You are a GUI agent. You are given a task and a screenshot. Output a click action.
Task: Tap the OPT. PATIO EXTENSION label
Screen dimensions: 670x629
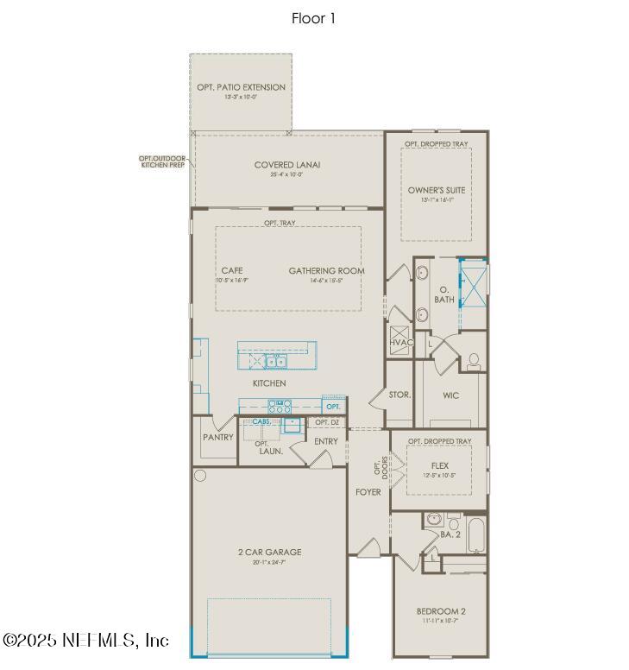(241, 87)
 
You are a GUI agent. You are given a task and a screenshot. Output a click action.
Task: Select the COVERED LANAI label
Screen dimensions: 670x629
(288, 165)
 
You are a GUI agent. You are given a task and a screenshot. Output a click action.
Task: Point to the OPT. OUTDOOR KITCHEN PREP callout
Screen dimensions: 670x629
(163, 161)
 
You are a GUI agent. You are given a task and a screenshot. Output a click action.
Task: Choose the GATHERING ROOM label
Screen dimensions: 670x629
(326, 271)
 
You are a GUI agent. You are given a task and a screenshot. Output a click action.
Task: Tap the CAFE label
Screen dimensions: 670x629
(232, 271)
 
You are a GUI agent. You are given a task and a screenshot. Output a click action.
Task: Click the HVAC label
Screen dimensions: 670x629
(401, 343)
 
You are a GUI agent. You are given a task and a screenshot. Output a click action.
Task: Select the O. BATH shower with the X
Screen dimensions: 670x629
(472, 282)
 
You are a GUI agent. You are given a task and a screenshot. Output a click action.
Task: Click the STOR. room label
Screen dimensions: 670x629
(399, 395)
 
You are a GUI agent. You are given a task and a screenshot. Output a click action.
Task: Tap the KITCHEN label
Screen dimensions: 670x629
(269, 382)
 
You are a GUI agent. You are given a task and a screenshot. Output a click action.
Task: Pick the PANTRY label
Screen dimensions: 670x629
(218, 437)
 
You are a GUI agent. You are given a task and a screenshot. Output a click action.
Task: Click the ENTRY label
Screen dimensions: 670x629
(326, 441)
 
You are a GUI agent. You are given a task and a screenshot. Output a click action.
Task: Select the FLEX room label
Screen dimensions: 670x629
(440, 465)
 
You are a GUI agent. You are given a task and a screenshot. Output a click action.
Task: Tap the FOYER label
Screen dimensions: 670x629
(368, 491)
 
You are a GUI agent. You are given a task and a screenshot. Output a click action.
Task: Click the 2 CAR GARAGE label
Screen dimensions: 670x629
(269, 552)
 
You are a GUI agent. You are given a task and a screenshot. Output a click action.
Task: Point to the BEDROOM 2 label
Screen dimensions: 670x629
(440, 612)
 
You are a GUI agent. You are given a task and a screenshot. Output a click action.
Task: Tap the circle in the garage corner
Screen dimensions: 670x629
(200, 476)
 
